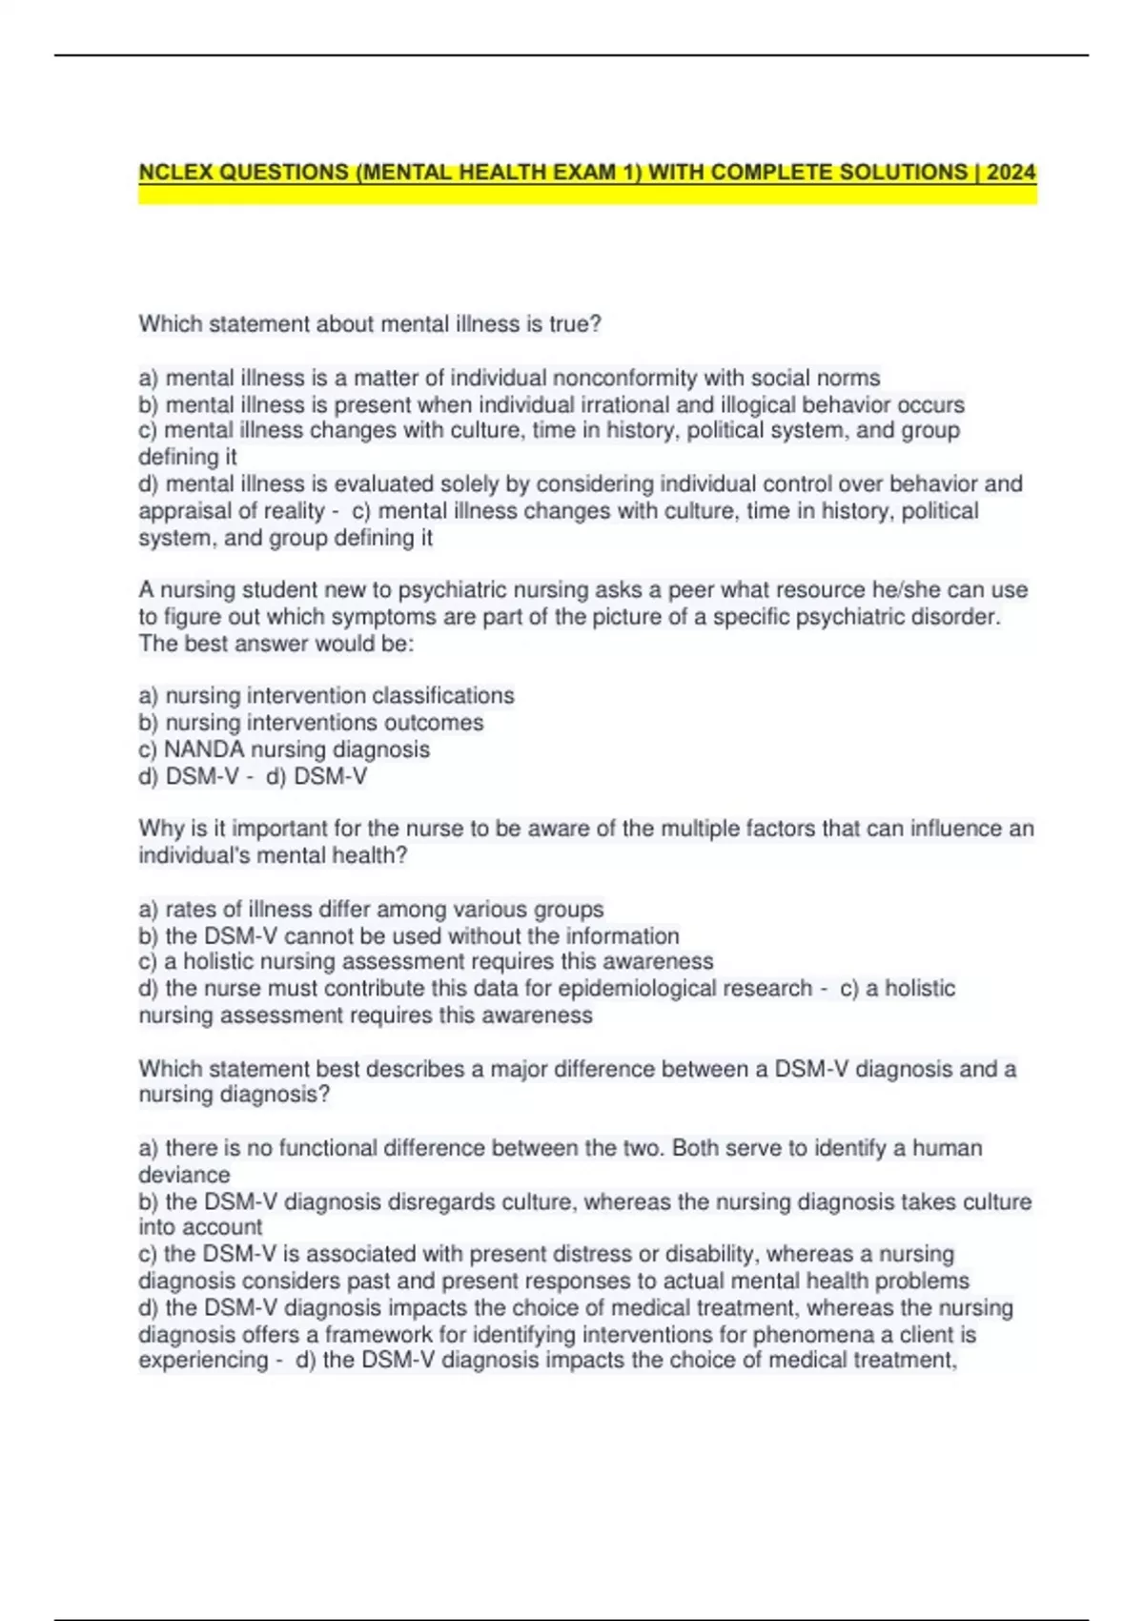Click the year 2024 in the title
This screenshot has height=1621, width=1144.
click(1011, 173)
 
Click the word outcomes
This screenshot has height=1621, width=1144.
click(437, 723)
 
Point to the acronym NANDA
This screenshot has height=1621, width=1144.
click(204, 749)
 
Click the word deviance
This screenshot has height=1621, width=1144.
click(184, 1175)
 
